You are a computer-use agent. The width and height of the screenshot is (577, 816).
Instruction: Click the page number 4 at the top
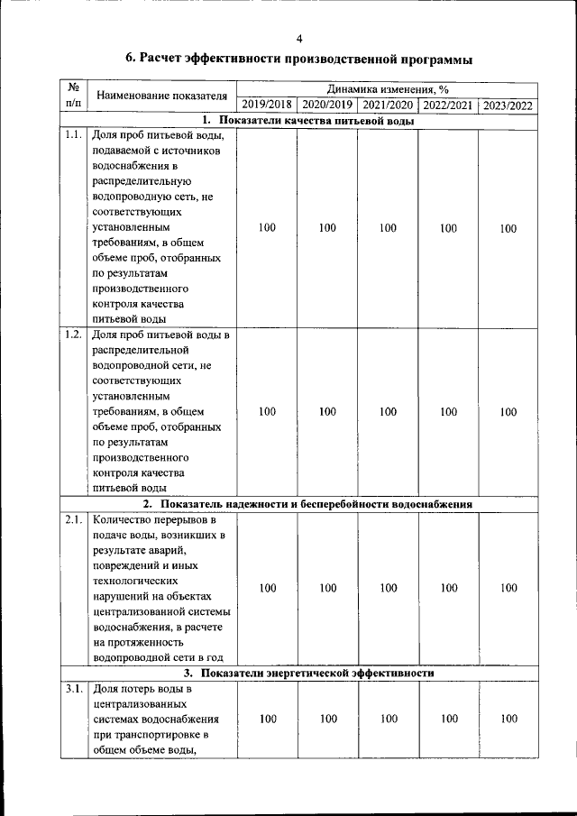tap(298, 38)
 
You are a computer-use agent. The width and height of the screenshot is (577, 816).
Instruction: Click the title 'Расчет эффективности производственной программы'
tap(298, 60)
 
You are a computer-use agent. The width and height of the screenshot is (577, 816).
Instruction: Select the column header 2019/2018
tap(267, 105)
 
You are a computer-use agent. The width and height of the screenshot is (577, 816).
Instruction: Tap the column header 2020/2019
tap(327, 105)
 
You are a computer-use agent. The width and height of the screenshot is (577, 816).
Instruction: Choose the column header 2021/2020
tap(388, 105)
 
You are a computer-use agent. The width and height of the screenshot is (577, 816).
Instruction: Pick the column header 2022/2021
tap(448, 105)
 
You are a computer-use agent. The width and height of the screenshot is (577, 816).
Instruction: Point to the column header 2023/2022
tap(508, 105)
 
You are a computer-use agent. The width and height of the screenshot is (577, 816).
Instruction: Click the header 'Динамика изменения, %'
tap(388, 90)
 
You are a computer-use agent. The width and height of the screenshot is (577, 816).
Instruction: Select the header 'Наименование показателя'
tap(161, 96)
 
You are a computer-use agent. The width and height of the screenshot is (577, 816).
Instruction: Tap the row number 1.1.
tap(74, 136)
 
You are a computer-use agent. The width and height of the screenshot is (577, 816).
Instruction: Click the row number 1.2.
tap(74, 335)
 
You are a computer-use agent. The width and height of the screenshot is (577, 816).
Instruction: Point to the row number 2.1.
tap(74, 521)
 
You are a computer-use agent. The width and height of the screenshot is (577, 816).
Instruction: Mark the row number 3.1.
tap(74, 689)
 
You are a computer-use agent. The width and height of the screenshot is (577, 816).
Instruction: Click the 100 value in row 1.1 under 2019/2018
tap(267, 228)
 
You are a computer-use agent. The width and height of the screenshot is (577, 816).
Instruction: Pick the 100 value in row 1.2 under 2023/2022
tap(508, 412)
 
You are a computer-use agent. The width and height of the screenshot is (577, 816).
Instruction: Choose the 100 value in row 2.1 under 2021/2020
tap(388, 588)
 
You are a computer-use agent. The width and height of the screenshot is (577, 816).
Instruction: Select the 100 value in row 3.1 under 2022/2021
tap(448, 719)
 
